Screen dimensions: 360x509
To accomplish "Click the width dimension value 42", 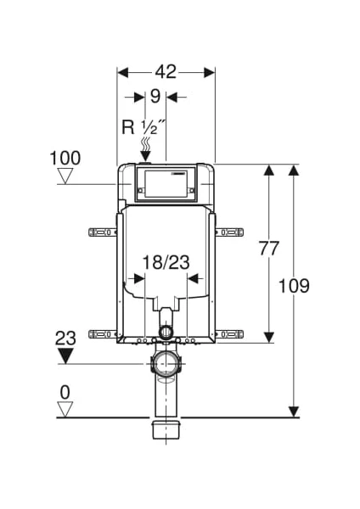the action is tap(166, 72).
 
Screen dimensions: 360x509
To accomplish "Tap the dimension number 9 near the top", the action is tap(155, 97).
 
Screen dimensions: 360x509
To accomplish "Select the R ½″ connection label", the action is tap(140, 126).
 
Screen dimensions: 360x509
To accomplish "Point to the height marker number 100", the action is tap(65, 159).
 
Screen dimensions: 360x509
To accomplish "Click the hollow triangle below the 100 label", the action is tap(65, 176).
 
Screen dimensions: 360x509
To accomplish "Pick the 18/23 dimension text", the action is tap(166, 262).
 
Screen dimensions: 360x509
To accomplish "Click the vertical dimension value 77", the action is tap(268, 249).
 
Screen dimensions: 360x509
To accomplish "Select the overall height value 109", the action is tap(294, 286).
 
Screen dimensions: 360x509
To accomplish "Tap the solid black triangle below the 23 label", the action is tap(65, 355).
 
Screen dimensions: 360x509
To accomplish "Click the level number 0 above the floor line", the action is tap(65, 393).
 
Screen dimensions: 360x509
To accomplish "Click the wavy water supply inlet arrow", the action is tap(145, 149).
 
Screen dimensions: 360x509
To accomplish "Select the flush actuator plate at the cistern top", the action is tap(166, 184).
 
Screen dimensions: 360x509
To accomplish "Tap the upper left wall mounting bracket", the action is tap(103, 232).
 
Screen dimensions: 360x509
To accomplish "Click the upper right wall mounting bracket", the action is tap(229, 232).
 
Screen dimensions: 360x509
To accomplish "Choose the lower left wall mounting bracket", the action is tap(103, 334).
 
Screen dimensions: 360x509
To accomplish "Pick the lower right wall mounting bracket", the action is tap(229, 334).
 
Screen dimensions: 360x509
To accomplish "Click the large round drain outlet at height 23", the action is tap(166, 364).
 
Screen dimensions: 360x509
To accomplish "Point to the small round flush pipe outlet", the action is tap(166, 332).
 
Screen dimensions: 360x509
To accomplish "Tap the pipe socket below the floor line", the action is tap(166, 430).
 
